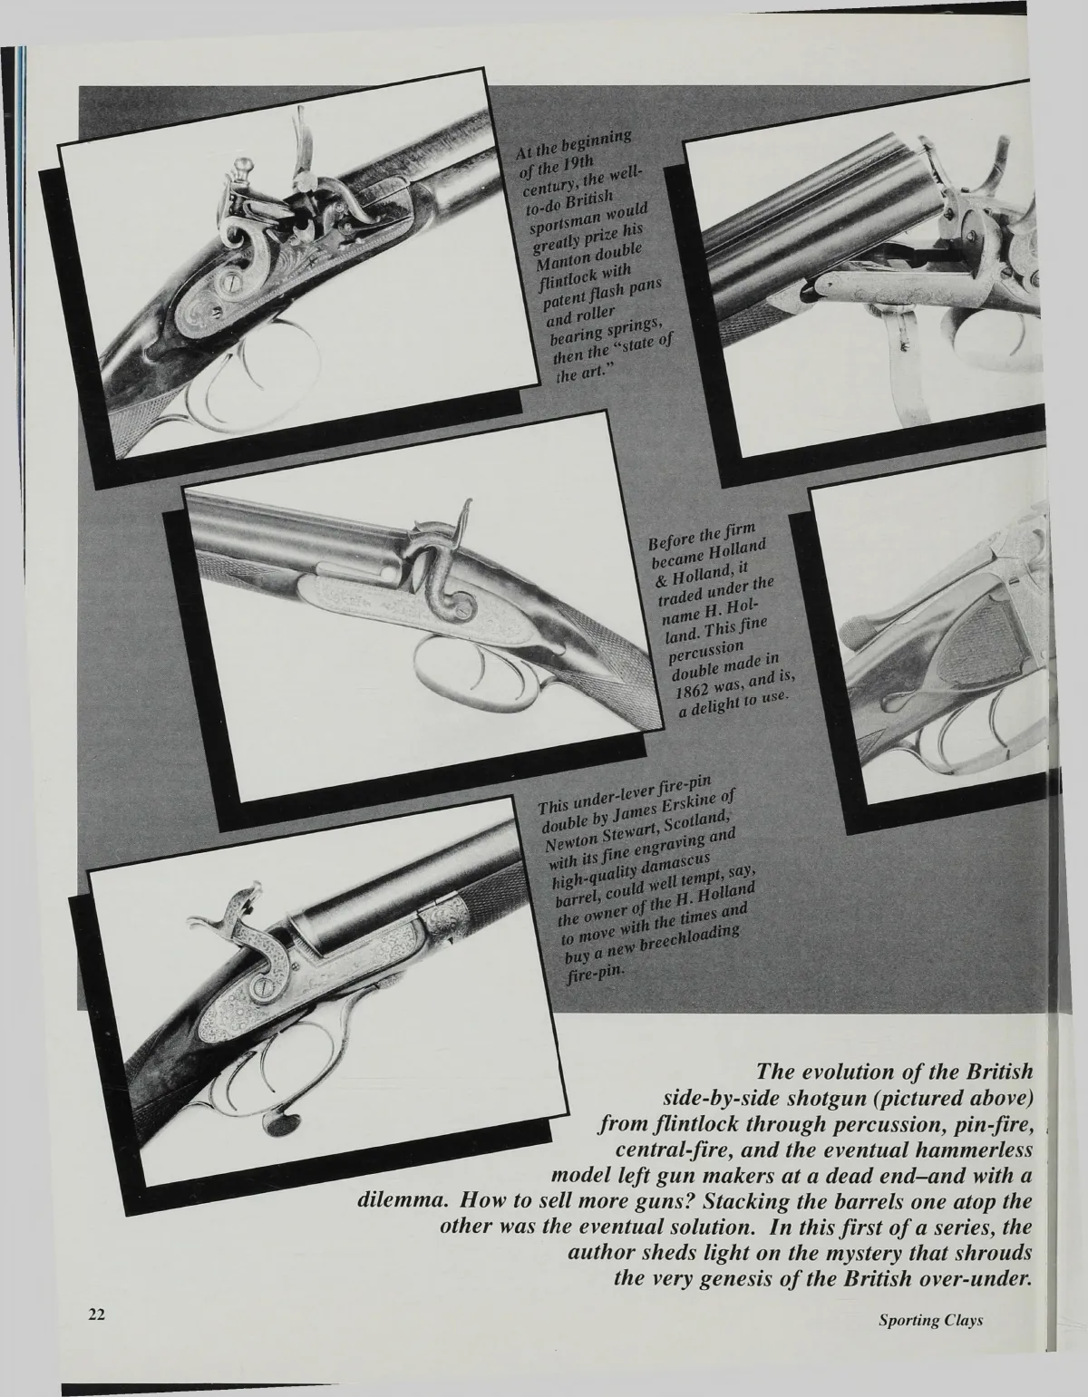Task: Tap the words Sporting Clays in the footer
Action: [x=930, y=1345]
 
